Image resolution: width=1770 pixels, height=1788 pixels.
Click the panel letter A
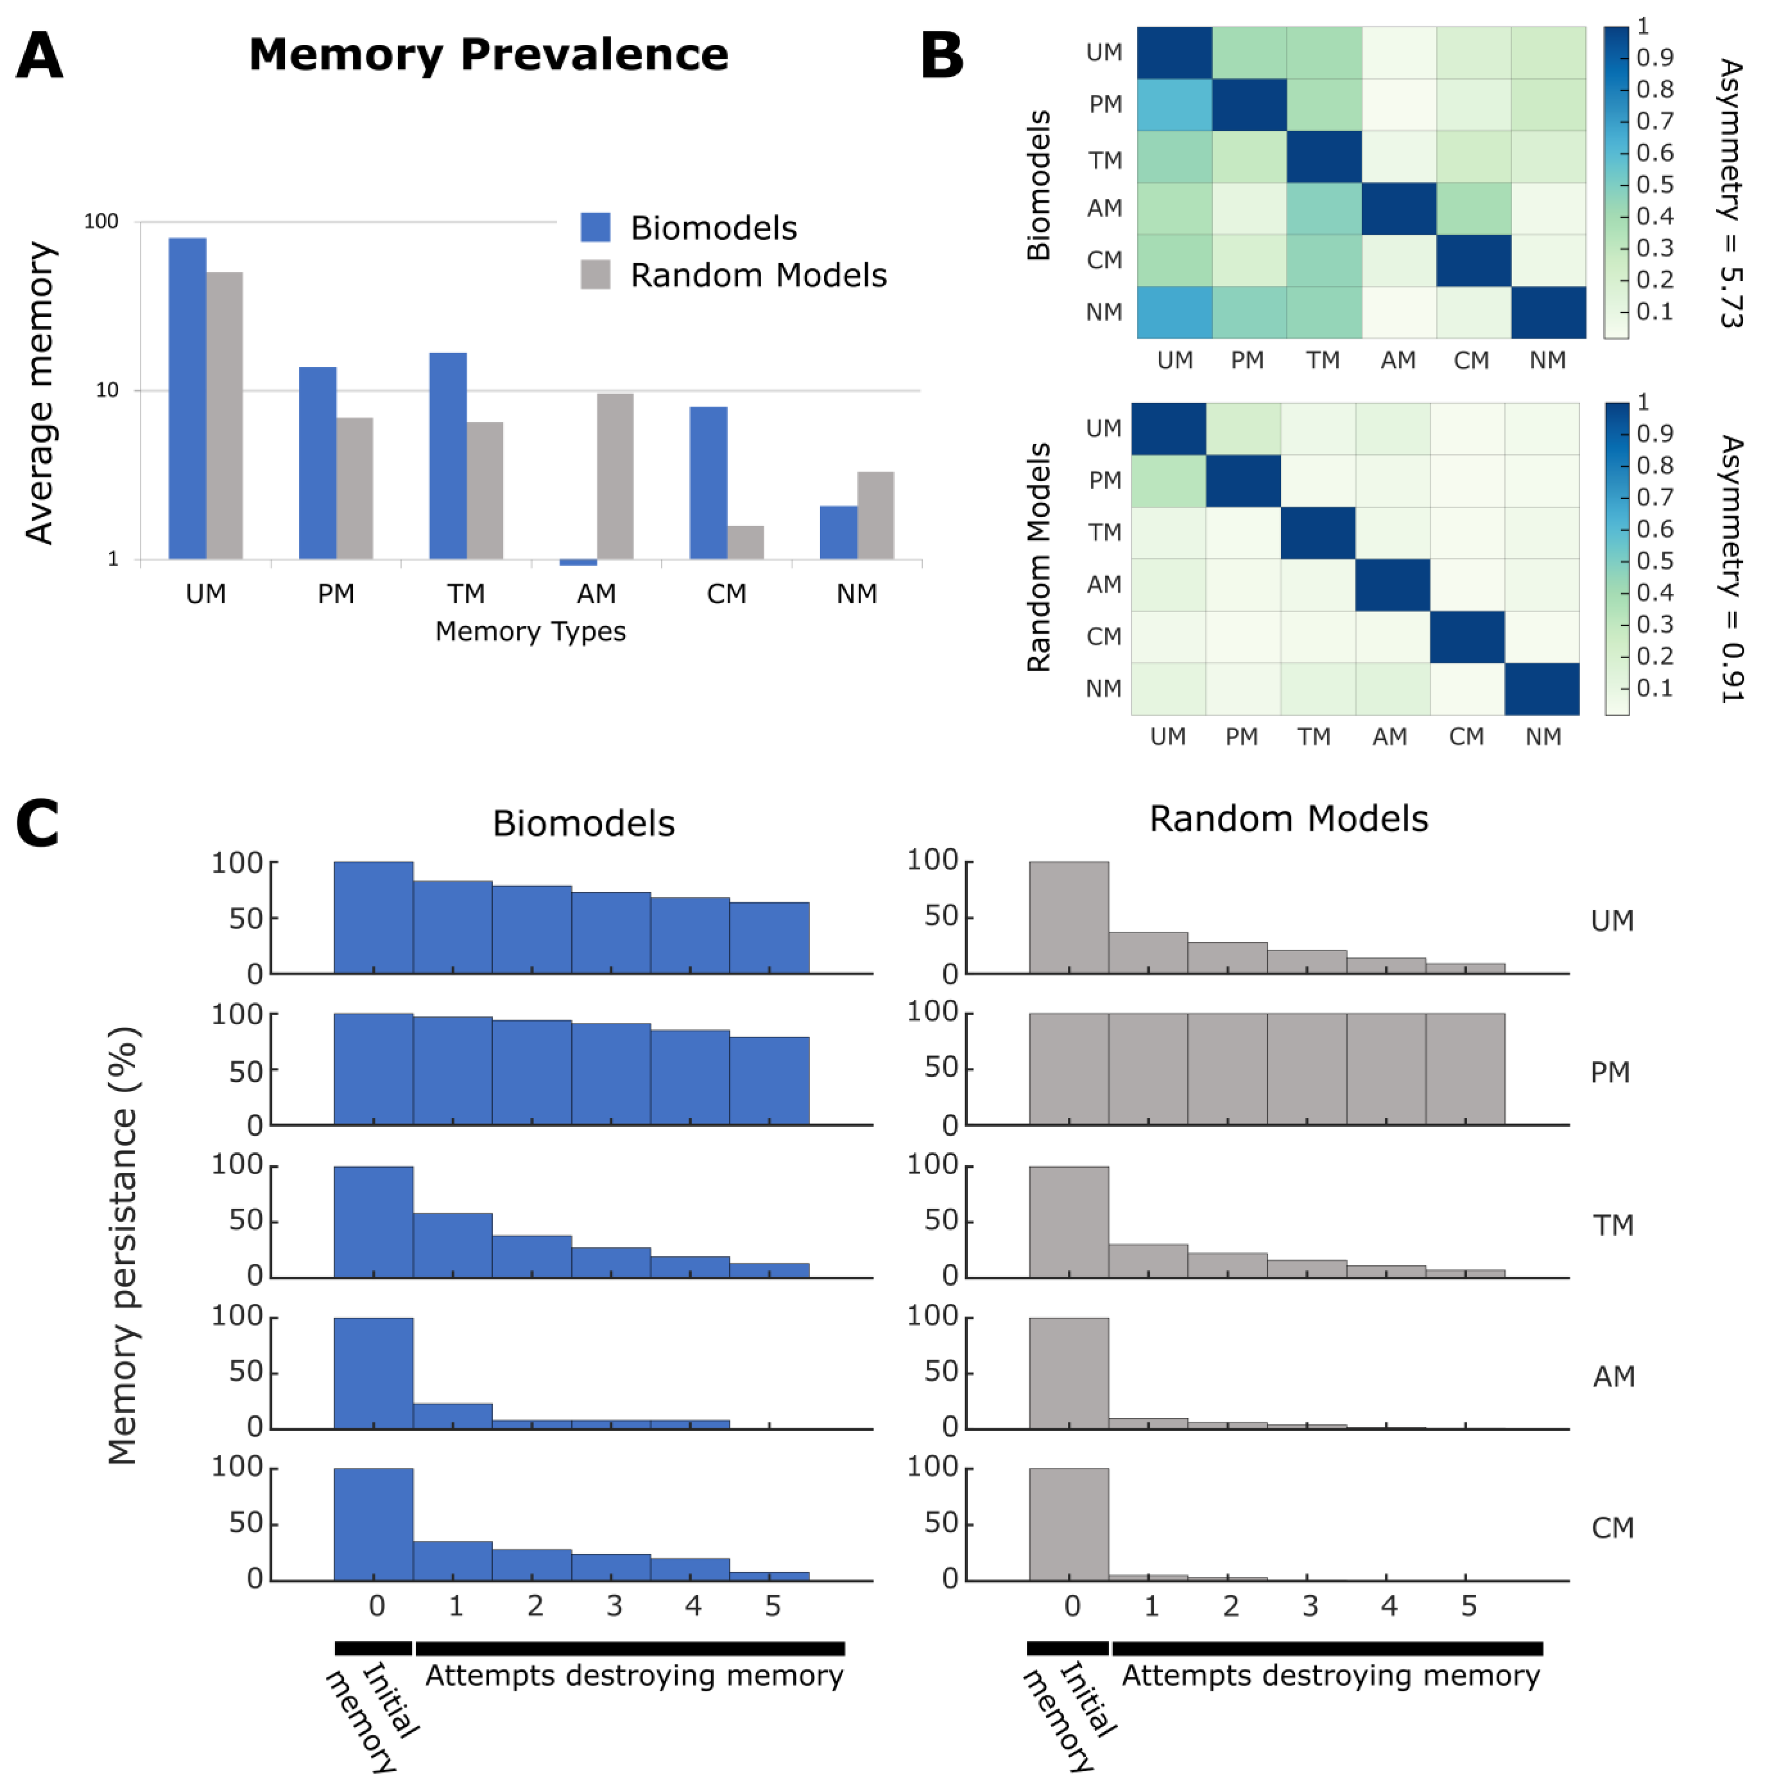click(40, 56)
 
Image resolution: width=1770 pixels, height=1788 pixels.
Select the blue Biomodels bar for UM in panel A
click(187, 398)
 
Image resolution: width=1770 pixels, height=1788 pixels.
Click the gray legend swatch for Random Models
click(595, 275)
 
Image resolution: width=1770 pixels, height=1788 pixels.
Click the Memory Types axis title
click(530, 631)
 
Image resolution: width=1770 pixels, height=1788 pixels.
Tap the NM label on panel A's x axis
click(856, 593)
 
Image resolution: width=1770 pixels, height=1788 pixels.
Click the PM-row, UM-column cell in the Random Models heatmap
click(1168, 480)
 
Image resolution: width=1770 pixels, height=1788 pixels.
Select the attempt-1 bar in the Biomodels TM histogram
click(453, 1245)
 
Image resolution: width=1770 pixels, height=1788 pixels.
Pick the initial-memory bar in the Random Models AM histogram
click(1068, 1373)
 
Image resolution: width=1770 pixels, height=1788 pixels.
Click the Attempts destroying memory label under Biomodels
click(634, 1676)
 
